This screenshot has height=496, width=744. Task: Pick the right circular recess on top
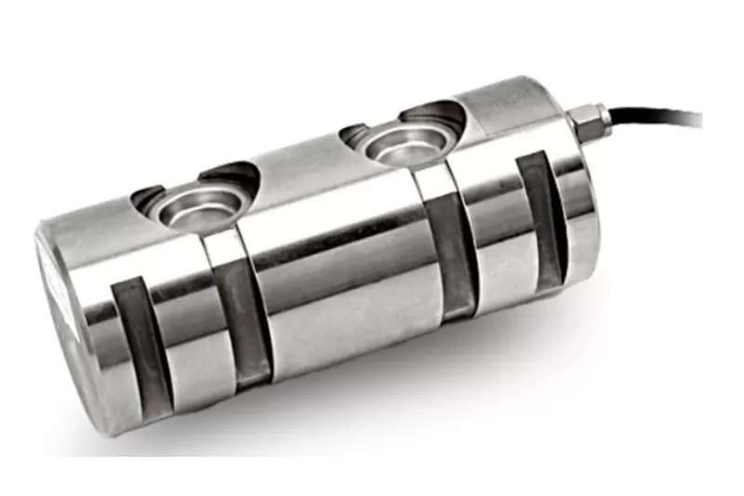pos(394,144)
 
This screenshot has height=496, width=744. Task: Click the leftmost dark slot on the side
pos(129,344)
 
